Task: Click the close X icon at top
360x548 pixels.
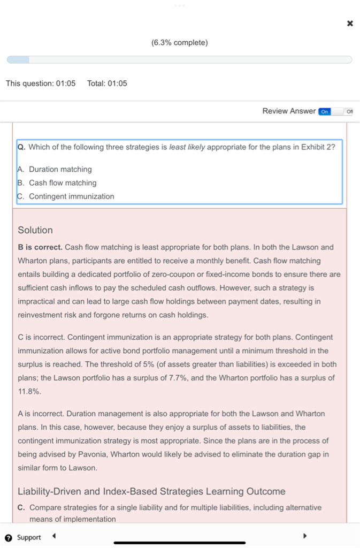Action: (x=350, y=24)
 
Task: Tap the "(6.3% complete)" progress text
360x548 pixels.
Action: (x=180, y=42)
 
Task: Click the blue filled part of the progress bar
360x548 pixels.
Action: (x=18, y=60)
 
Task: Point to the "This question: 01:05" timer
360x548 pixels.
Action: (x=41, y=83)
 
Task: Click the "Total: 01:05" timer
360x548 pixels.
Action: (x=107, y=83)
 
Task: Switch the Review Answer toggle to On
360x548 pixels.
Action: (x=325, y=111)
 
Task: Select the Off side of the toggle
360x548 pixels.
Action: (x=349, y=111)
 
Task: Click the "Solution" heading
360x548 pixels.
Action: (x=35, y=230)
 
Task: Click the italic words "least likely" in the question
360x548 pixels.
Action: (x=187, y=147)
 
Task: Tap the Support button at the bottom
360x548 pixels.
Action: (x=23, y=537)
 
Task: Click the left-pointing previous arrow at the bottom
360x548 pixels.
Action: (x=53, y=536)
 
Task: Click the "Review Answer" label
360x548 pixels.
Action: (x=289, y=111)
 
